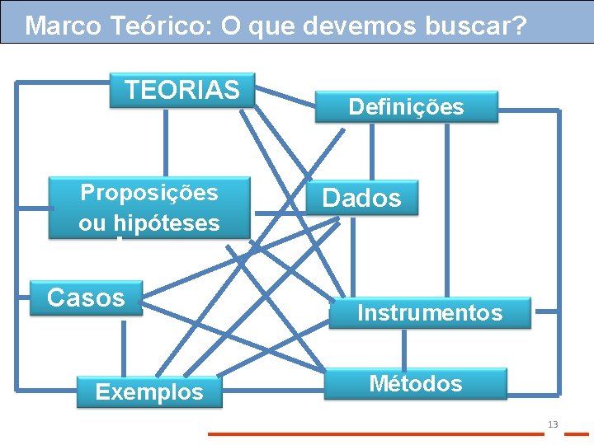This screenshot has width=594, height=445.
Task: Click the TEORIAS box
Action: pyautogui.click(x=182, y=90)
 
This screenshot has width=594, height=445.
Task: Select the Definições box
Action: pyautogui.click(x=406, y=107)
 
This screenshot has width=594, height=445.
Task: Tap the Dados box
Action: pyautogui.click(x=361, y=198)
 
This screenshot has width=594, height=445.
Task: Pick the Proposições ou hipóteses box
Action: pyautogui.click(x=149, y=208)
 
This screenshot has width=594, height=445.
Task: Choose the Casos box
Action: pyautogui.click(x=86, y=297)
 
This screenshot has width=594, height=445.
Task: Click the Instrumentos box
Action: pyautogui.click(x=429, y=313)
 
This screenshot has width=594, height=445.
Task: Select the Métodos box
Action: pyautogui.click(x=415, y=384)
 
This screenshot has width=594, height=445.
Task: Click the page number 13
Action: pyautogui.click(x=553, y=424)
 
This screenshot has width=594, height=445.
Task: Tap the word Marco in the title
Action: pyautogui.click(x=62, y=26)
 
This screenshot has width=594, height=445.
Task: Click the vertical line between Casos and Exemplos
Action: pyautogui.click(x=124, y=346)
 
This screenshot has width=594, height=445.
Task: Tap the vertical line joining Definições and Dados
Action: pyautogui.click(x=371, y=152)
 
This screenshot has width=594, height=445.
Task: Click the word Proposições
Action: pyautogui.click(x=149, y=193)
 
